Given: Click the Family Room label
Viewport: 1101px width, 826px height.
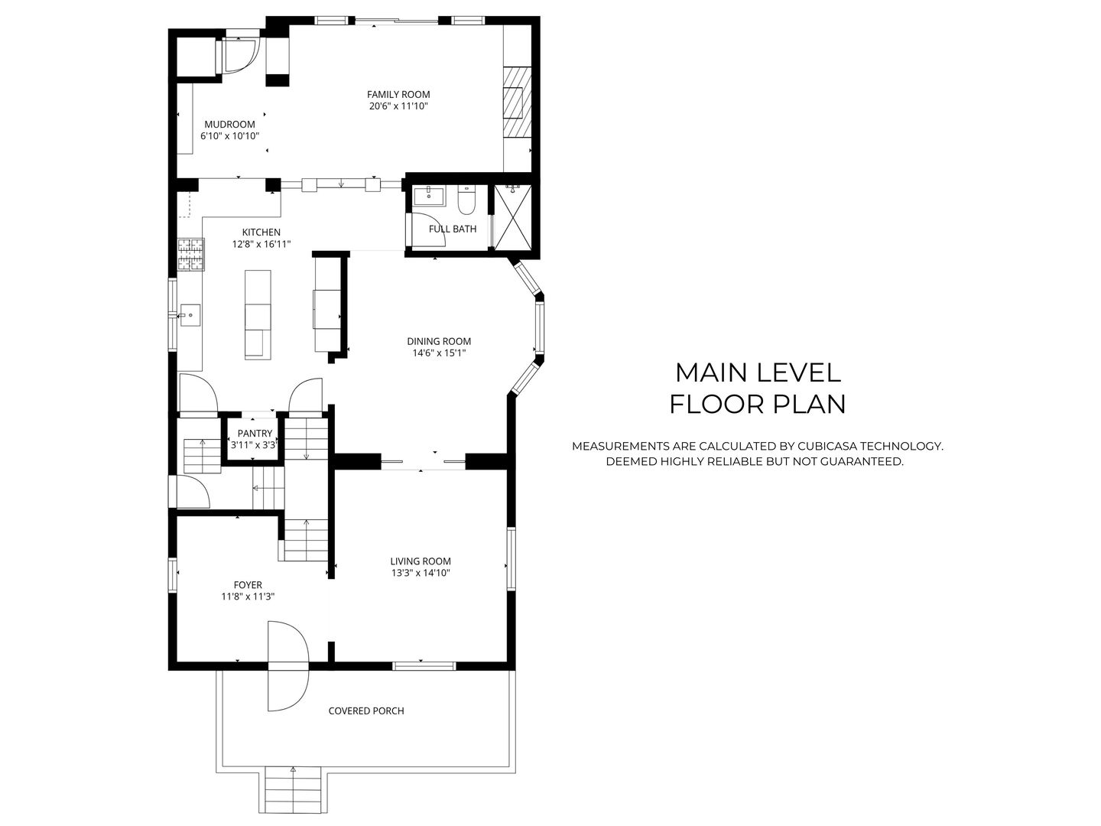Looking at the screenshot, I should [398, 95].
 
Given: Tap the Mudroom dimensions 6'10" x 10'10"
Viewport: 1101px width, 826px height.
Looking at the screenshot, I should [230, 136].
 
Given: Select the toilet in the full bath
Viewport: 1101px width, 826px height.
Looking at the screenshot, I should [466, 200].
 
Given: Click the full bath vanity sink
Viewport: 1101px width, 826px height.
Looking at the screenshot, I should [429, 195].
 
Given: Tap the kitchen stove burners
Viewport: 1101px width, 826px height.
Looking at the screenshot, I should [192, 255].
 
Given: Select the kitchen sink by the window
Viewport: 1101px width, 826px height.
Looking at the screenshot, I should [190, 314].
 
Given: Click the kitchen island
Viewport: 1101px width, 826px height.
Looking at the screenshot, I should [258, 314].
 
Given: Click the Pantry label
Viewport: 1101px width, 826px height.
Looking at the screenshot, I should [255, 434].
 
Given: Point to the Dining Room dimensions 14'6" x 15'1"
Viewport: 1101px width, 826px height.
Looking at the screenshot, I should [439, 353].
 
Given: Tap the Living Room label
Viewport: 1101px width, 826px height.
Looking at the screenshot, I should [421, 561].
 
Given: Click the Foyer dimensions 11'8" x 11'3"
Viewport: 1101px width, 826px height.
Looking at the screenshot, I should [248, 597].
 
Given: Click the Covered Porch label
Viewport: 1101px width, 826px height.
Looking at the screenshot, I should [366, 711].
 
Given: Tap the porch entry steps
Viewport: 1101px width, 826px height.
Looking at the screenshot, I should [293, 792].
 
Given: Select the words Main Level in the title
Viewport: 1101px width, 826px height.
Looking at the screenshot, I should [758, 372].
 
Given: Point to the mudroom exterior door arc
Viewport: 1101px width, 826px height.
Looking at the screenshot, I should [241, 55].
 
